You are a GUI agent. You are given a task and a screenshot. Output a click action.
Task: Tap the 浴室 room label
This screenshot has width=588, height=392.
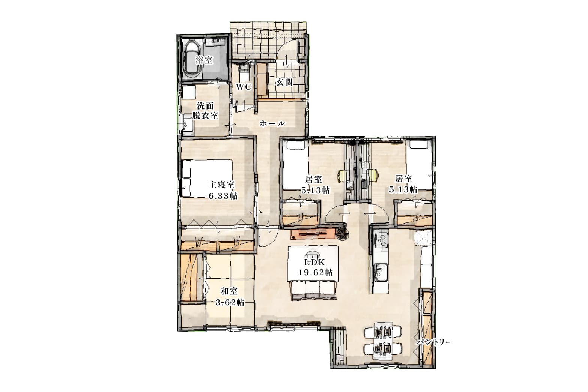pyautogui.click(x=204, y=60)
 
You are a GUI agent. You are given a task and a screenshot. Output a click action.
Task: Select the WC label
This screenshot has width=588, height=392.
pyautogui.click(x=243, y=87)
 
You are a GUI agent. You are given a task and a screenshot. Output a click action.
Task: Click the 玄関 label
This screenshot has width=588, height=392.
pyautogui.click(x=284, y=83)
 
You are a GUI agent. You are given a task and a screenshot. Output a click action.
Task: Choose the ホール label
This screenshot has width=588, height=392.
pyautogui.click(x=272, y=123)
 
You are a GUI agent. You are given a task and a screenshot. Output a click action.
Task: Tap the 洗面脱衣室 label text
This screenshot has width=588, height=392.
pyautogui.click(x=205, y=110)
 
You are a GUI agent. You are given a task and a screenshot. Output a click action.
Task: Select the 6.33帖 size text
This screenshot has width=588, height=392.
pyautogui.click(x=223, y=196)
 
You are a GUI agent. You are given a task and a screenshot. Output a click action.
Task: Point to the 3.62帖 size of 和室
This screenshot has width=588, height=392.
pyautogui.click(x=230, y=302)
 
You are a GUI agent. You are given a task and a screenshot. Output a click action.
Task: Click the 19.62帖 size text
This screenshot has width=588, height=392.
pyautogui.click(x=315, y=273)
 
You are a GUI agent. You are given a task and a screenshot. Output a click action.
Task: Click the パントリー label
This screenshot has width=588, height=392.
pyautogui.click(x=435, y=342)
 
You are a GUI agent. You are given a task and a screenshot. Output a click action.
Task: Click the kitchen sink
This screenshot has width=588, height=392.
pyautogui.click(x=381, y=272)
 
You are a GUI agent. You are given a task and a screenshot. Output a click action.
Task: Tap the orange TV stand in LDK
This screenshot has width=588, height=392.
pyautogui.click(x=313, y=234)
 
